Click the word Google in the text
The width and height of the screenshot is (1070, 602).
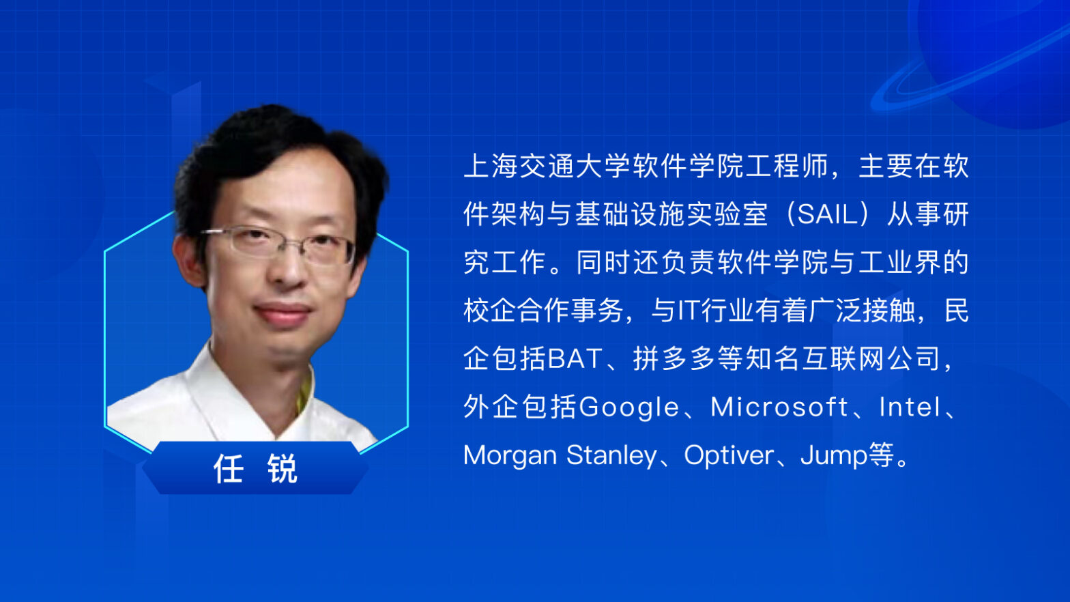tap(628, 408)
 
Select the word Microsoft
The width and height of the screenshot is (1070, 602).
tap(779, 407)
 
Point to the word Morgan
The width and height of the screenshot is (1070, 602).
tap(510, 456)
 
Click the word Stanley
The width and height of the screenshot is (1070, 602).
tap(611, 456)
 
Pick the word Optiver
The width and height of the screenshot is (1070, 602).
tap(729, 456)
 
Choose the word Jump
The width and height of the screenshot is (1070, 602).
tap(834, 456)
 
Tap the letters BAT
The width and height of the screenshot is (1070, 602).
tap(575, 359)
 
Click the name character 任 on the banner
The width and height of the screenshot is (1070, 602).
tap(229, 469)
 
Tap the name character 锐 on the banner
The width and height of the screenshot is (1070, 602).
tap(283, 469)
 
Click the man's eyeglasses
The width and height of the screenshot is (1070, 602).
tap(278, 246)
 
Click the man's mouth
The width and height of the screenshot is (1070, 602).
tap(282, 313)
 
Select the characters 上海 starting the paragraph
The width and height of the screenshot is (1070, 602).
tap(491, 167)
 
